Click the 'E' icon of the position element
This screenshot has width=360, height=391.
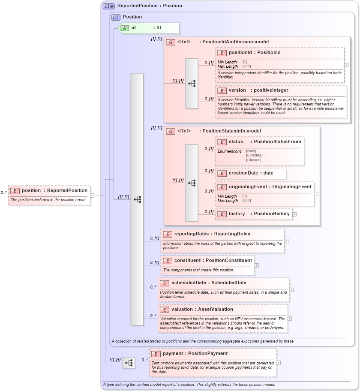click(x=15, y=191)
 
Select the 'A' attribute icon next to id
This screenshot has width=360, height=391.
click(x=124, y=28)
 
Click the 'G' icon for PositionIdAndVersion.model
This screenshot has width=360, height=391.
click(x=171, y=42)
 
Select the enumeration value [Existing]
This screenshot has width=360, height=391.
click(x=254, y=155)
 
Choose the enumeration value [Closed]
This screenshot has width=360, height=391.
click(x=253, y=160)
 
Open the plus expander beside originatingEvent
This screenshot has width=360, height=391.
click(x=316, y=194)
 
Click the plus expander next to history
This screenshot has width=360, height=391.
click(x=294, y=214)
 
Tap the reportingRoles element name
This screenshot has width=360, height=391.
click(x=191, y=234)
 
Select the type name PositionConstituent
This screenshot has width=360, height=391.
click(x=228, y=261)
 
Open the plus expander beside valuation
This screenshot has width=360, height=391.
click(x=290, y=319)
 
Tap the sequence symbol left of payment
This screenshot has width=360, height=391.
click(x=128, y=363)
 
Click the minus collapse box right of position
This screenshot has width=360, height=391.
click(x=92, y=195)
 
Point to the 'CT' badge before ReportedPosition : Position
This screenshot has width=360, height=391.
click(x=108, y=6)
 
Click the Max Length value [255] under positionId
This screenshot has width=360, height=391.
click(x=247, y=66)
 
